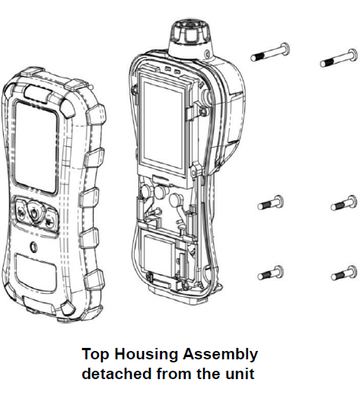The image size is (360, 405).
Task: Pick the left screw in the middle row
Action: (x=271, y=202)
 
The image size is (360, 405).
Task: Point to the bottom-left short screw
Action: (x=271, y=271)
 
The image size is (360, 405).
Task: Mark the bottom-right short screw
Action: (x=344, y=271)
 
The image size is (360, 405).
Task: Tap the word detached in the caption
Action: (x=114, y=375)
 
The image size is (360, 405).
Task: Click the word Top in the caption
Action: (x=94, y=355)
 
